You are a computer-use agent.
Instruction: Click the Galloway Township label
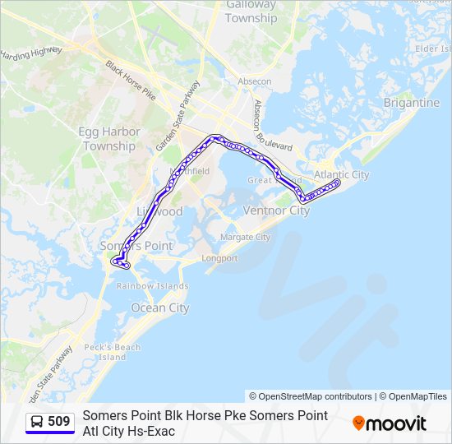click(251, 12)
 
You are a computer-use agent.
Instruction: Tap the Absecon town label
click(254, 81)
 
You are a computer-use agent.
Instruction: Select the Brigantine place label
click(411, 103)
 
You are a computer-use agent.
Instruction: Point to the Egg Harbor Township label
click(109, 139)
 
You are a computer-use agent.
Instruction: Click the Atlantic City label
click(342, 174)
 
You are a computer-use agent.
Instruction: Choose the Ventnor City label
click(277, 210)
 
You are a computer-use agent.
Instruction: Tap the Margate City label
click(245, 237)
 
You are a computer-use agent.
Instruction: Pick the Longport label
click(220, 258)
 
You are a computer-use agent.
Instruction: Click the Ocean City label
click(160, 308)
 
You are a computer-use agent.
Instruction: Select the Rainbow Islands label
click(152, 286)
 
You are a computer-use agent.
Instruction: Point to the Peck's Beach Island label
click(113, 352)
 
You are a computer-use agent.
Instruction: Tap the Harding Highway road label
click(31, 55)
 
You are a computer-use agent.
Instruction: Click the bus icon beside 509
click(37, 422)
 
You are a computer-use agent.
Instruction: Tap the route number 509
click(58, 422)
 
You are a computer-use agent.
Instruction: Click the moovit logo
click(390, 423)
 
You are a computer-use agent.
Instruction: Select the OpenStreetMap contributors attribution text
click(310, 396)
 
